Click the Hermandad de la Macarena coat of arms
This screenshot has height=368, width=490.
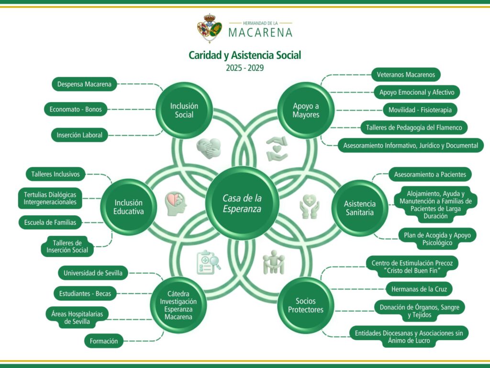210,28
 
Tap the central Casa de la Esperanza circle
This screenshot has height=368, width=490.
242,203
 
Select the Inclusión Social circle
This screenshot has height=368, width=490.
184,111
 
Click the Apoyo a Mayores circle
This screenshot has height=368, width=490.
306,111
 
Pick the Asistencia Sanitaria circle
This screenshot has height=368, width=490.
360,207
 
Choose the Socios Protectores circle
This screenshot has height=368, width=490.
306,305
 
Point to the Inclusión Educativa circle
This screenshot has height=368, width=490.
128,207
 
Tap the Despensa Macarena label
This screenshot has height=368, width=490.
84,84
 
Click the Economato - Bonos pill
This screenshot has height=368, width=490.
76,109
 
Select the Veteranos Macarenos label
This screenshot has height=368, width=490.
406,75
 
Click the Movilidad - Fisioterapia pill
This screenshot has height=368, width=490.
420,110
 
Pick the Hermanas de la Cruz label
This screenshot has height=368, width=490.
419,289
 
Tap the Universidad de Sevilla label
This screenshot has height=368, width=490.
93,274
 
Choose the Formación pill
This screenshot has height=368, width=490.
104,341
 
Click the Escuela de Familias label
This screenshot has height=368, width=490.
50,222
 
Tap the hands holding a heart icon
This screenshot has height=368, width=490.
277,148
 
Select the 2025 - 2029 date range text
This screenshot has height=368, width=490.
245,68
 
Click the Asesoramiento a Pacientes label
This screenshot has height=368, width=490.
430,174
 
